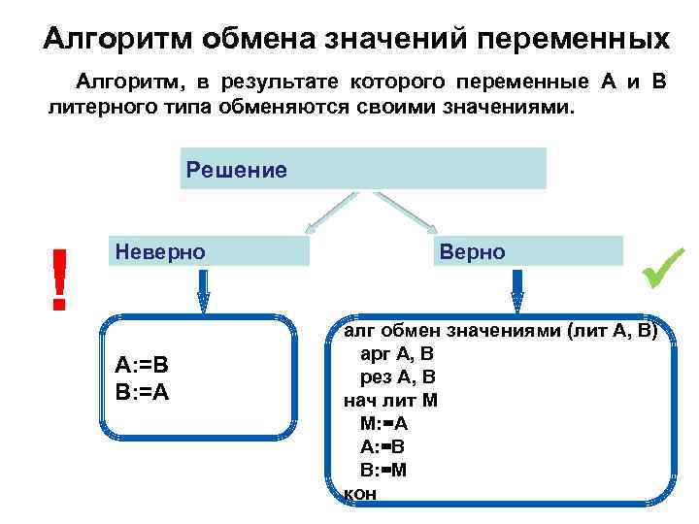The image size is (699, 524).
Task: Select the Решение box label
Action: point(236,171)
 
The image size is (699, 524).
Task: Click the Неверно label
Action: point(160,251)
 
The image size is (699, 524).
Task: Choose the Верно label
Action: point(472,251)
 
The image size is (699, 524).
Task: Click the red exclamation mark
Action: point(60,278)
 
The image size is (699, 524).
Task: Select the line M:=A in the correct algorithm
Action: point(383,423)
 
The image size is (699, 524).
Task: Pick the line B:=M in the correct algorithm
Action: point(383,470)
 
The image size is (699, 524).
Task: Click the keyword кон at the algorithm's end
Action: point(360,493)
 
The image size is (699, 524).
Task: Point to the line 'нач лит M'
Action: point(390,400)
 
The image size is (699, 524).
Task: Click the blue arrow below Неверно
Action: point(203,290)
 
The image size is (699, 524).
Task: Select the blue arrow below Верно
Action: point(517,290)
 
